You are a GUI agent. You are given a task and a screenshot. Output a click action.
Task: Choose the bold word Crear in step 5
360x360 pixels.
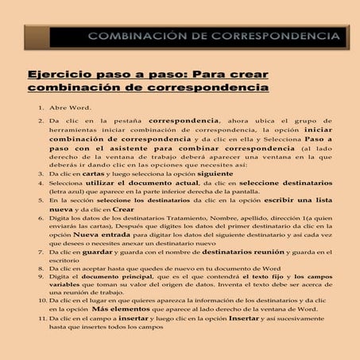click(x=122, y=210)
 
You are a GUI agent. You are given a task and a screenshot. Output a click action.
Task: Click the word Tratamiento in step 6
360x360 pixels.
click(x=177, y=219)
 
